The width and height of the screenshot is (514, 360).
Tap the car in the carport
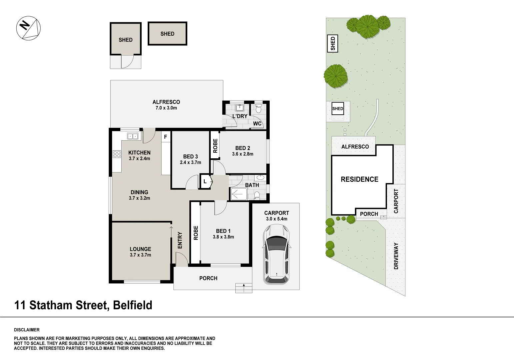(276, 254)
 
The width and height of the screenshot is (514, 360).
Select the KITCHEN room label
(139, 153)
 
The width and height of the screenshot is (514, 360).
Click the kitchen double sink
(133, 136)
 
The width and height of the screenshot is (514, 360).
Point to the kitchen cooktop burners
(117, 154)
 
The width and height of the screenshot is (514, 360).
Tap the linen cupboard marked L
(205, 182)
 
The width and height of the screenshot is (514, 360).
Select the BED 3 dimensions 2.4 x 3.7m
(190, 163)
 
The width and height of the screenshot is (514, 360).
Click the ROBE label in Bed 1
(196, 233)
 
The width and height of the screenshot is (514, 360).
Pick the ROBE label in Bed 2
(215, 146)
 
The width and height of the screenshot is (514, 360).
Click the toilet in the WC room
(258, 108)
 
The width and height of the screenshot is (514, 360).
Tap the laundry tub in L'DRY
(240, 108)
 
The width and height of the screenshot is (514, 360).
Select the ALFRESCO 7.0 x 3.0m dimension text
(166, 108)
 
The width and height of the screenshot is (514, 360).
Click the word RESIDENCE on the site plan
(359, 179)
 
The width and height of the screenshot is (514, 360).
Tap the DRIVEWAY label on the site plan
(396, 256)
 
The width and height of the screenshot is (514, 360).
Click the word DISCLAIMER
(27, 330)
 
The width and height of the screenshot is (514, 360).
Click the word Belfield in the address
(133, 305)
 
